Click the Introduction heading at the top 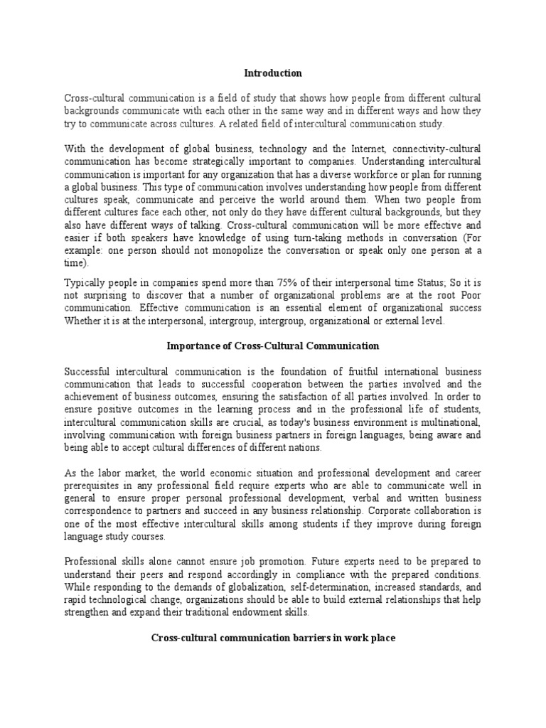[273, 73]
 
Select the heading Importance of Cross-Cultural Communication [273, 346]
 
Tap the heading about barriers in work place [273, 638]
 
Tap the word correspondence [99, 511]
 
